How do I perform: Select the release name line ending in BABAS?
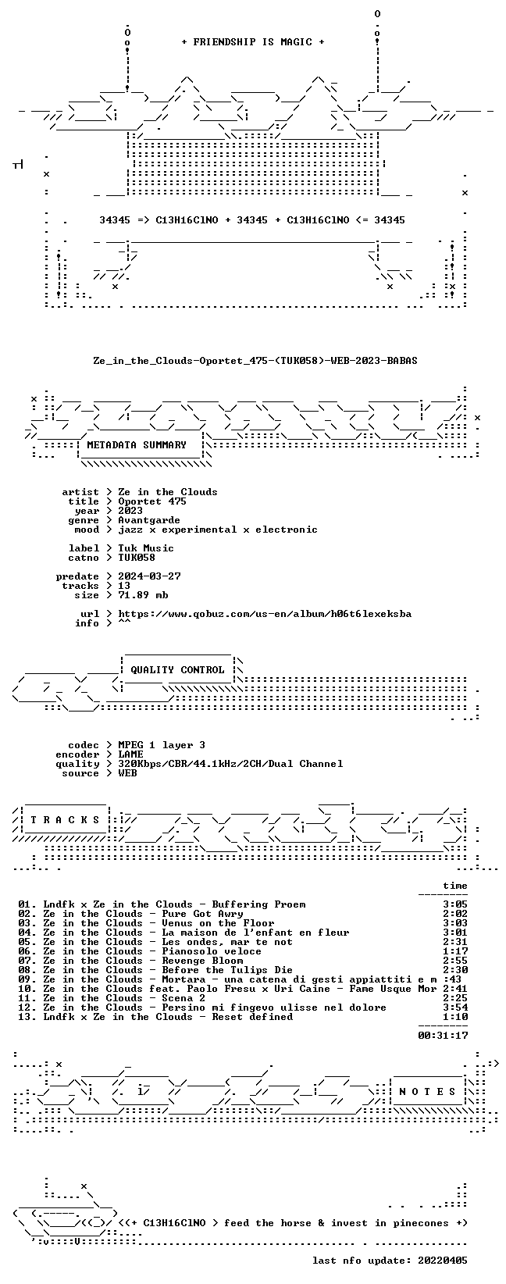coord(255,361)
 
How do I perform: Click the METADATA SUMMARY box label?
coord(137,445)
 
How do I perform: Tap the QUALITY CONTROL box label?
coord(177,669)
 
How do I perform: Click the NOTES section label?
coord(427,1091)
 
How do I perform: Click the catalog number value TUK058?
coord(137,558)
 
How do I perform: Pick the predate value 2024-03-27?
coord(149,576)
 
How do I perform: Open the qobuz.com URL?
coord(265,614)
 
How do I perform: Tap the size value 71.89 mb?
coord(143,595)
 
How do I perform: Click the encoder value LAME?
coord(130,754)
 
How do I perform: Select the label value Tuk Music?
coord(146,548)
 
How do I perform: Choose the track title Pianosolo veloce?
coord(212,951)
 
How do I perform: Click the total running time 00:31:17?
coord(443,1036)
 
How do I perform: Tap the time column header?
coord(455,886)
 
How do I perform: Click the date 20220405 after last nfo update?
coord(443,1261)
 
